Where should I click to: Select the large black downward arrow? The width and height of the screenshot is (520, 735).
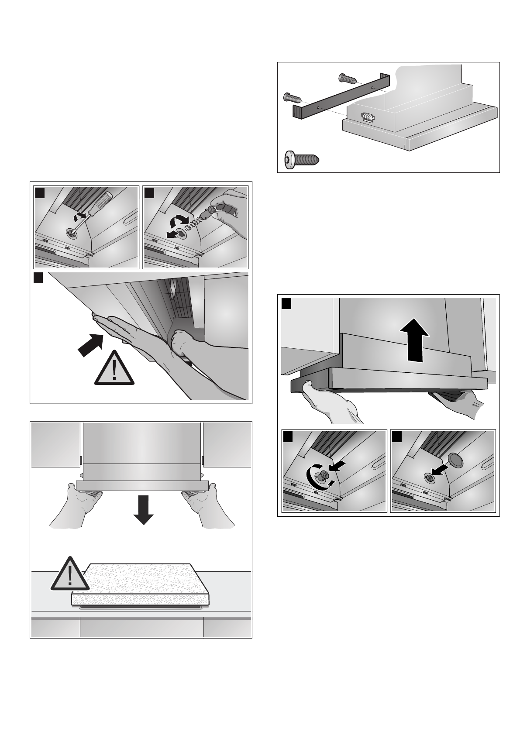(x=143, y=509)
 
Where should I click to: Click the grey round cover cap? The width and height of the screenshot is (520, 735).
(x=455, y=460)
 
